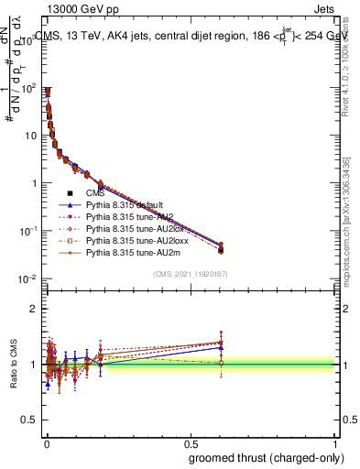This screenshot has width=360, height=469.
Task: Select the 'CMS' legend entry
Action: click(x=96, y=193)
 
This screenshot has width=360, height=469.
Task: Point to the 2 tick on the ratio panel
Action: click(x=33, y=309)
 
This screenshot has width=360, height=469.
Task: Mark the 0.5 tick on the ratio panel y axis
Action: click(x=29, y=420)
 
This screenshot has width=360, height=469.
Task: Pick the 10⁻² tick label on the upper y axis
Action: click(x=28, y=278)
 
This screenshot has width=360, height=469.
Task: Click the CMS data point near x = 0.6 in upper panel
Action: click(x=221, y=249)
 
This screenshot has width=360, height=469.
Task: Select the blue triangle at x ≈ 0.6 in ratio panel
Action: click(x=221, y=347)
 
